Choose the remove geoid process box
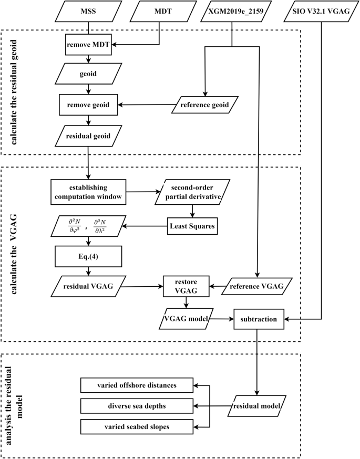tap(88, 105)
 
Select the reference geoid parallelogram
tap(204, 105)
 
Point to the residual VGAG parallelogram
tap(88, 287)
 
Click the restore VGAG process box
tap(186, 287)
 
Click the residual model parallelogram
tap(257, 406)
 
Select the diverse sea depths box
tap(137, 406)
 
